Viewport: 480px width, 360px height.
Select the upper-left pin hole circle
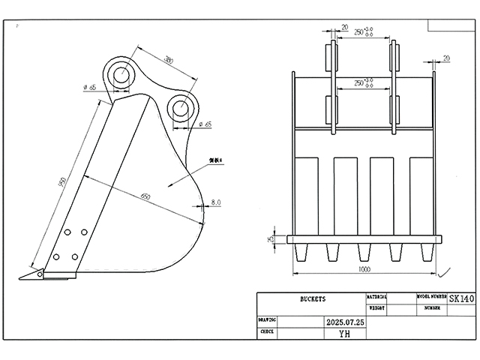[x=120, y=73]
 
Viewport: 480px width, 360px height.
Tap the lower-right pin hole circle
[x=181, y=106]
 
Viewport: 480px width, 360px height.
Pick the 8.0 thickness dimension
[x=216, y=202]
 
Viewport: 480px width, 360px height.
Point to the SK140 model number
[x=462, y=298]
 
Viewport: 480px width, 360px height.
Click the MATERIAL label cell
[x=376, y=297]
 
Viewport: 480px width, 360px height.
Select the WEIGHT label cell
[x=376, y=307]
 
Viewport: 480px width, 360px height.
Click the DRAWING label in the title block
[x=268, y=318]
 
